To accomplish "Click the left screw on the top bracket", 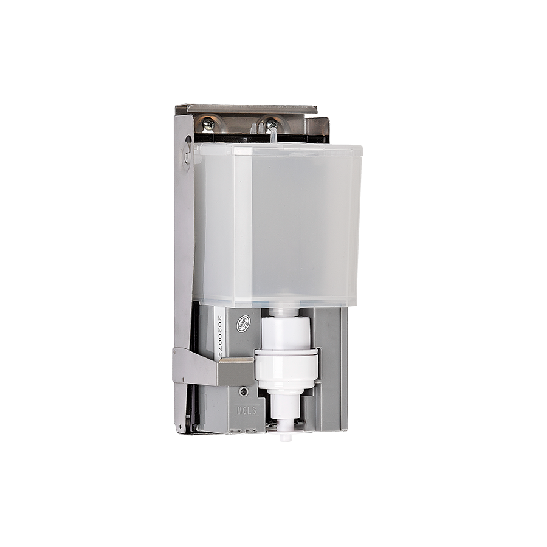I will (208, 124).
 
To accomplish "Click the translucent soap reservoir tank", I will (277, 225).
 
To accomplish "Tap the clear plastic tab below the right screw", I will (273, 137).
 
